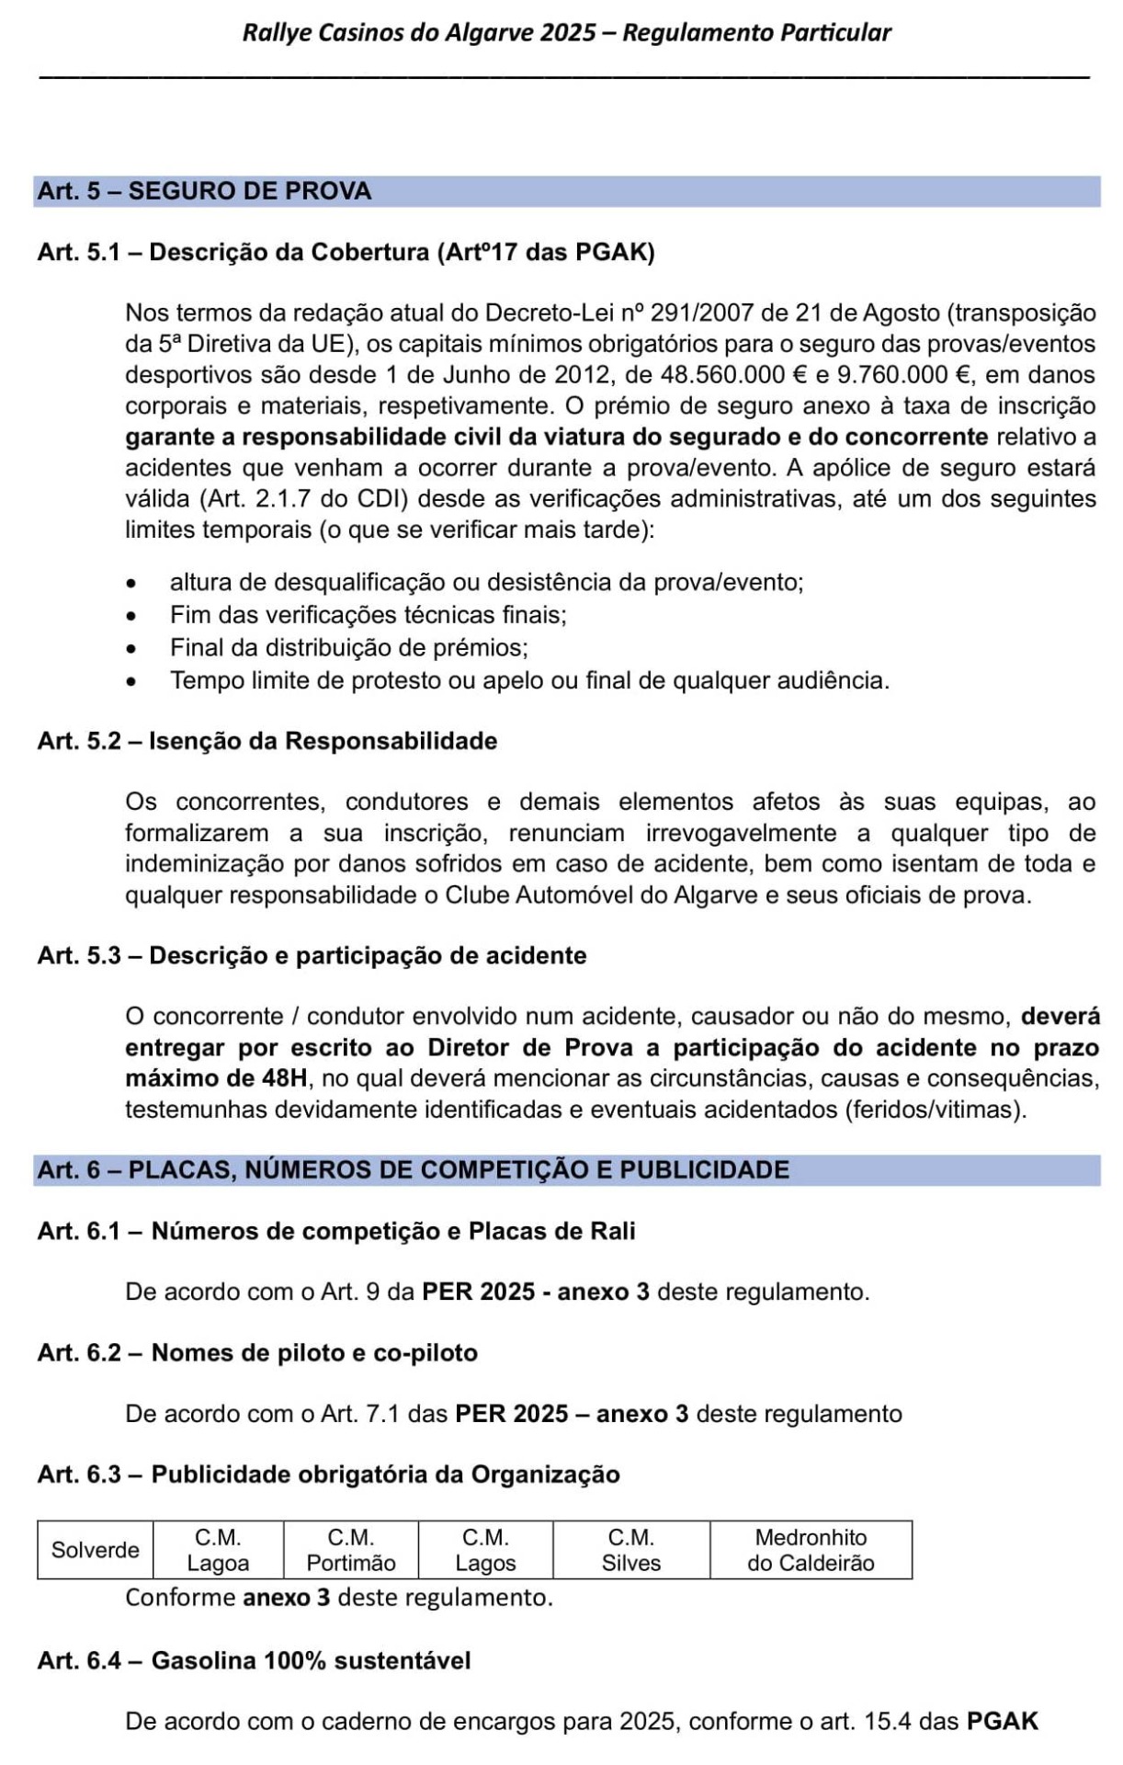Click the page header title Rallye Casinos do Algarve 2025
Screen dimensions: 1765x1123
coord(566,33)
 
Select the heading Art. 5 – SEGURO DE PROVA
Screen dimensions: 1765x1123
coord(204,191)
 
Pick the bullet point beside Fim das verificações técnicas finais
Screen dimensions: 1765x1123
coord(134,615)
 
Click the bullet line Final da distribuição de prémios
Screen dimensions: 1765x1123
coord(349,647)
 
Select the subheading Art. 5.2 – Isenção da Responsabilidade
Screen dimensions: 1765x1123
coord(267,741)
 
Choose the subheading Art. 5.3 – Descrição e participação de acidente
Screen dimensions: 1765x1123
coord(312,955)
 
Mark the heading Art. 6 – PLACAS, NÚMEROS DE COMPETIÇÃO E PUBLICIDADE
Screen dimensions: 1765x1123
coord(413,1169)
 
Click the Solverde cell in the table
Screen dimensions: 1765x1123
coord(96,1550)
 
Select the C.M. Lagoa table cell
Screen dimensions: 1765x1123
coord(218,1550)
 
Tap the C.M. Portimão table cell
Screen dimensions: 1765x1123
coord(351,1550)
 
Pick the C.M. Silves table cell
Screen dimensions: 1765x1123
coord(631,1550)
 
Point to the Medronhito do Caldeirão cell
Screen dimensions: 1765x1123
coord(811,1550)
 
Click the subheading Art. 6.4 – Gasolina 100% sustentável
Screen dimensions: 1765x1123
coord(254,1660)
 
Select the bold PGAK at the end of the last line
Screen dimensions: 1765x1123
coord(1002,1721)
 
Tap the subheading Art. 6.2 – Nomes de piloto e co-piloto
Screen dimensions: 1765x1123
coord(257,1352)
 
